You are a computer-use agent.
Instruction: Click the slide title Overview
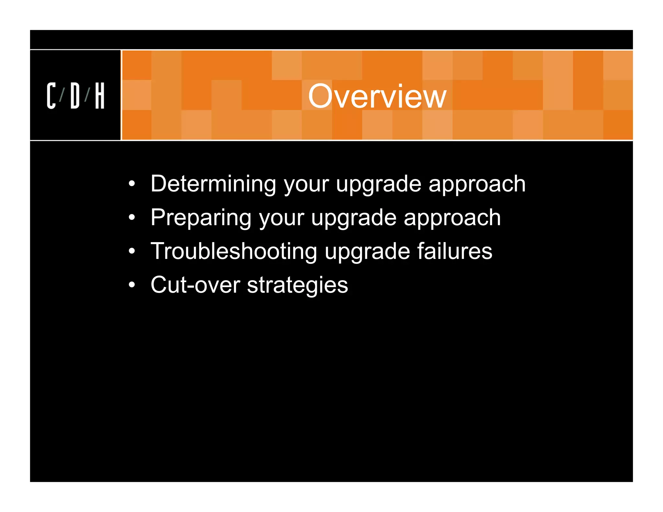pos(377,96)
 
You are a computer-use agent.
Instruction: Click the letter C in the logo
pos(51,95)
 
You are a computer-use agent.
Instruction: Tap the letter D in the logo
pos(75,95)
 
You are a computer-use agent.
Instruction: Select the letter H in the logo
pos(100,95)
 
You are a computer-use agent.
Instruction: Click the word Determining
pos(213,184)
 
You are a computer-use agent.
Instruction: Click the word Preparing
pos(201,217)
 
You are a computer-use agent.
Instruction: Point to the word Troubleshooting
pos(234,251)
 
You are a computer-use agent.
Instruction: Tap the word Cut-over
pos(195,285)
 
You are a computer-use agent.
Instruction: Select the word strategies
pos(298,285)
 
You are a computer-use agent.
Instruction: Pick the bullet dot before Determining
pos(131,184)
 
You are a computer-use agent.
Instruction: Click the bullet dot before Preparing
pos(131,218)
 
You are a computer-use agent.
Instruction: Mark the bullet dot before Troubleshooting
pos(131,251)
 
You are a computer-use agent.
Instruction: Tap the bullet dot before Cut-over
pos(131,285)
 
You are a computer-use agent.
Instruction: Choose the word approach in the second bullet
pos(452,218)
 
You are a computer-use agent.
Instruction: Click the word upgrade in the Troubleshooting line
pos(367,252)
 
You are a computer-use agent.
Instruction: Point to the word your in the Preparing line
pos(281,218)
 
